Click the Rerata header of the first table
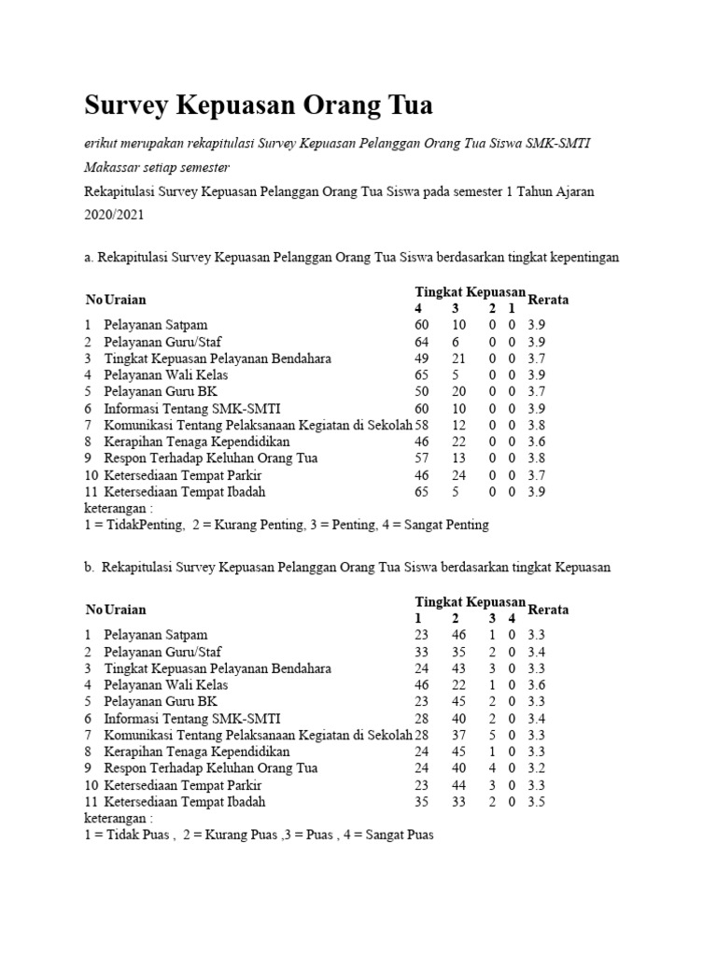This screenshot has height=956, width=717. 548,300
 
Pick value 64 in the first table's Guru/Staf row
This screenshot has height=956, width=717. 422,342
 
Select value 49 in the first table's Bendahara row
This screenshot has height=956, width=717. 422,358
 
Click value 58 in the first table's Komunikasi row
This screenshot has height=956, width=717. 422,425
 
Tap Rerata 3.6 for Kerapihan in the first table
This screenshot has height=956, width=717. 537,442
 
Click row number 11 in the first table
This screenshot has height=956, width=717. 91,491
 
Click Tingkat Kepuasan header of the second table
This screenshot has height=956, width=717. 471,601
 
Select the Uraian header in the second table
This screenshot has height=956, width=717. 125,610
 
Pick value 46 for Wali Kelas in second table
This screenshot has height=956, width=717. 422,684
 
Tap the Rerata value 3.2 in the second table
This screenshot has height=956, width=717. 537,767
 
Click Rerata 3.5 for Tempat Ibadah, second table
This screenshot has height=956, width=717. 537,801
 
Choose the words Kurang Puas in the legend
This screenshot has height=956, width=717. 250,835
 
